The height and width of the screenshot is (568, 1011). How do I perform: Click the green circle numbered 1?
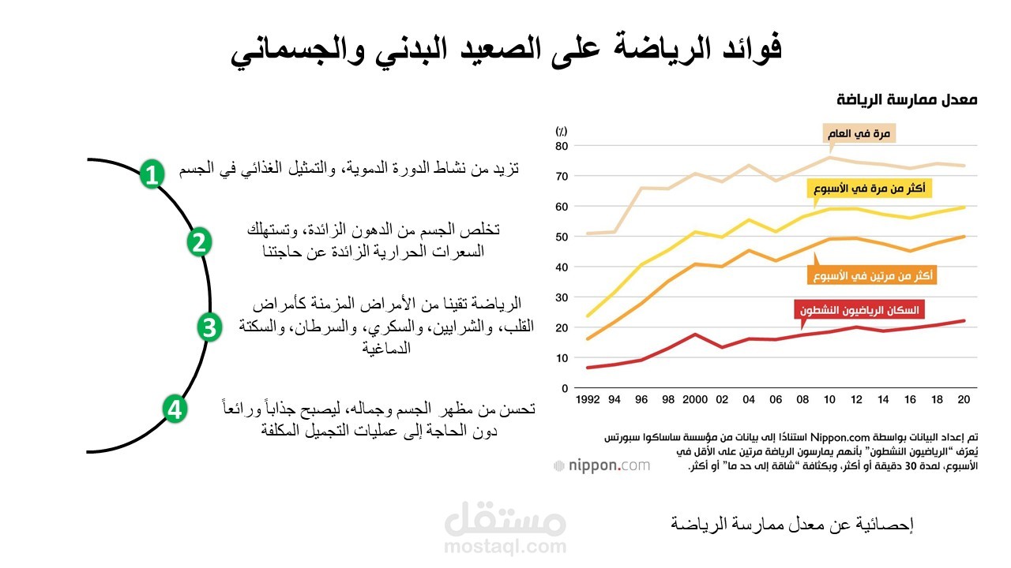coord(152,174)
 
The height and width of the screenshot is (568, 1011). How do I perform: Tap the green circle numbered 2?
coord(199,242)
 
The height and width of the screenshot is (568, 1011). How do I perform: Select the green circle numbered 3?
coord(209,327)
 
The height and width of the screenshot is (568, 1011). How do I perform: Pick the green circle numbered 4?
coord(175,409)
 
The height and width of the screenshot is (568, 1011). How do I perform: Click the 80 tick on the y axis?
coord(562,146)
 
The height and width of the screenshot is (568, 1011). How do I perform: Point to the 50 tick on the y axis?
coord(562,237)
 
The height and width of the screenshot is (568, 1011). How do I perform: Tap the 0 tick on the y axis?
coord(565,388)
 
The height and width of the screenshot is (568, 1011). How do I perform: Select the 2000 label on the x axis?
coord(696,400)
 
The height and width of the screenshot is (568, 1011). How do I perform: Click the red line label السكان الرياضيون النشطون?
coord(859,310)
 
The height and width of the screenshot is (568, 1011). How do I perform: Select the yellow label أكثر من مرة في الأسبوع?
coord(869,189)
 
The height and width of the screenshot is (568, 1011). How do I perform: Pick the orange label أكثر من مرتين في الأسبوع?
coord(872,275)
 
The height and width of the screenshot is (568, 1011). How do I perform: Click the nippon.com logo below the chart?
coord(602,465)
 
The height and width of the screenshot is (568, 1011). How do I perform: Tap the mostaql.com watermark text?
coord(505,546)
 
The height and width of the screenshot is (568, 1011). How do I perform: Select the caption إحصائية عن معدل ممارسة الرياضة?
coord(791,524)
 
